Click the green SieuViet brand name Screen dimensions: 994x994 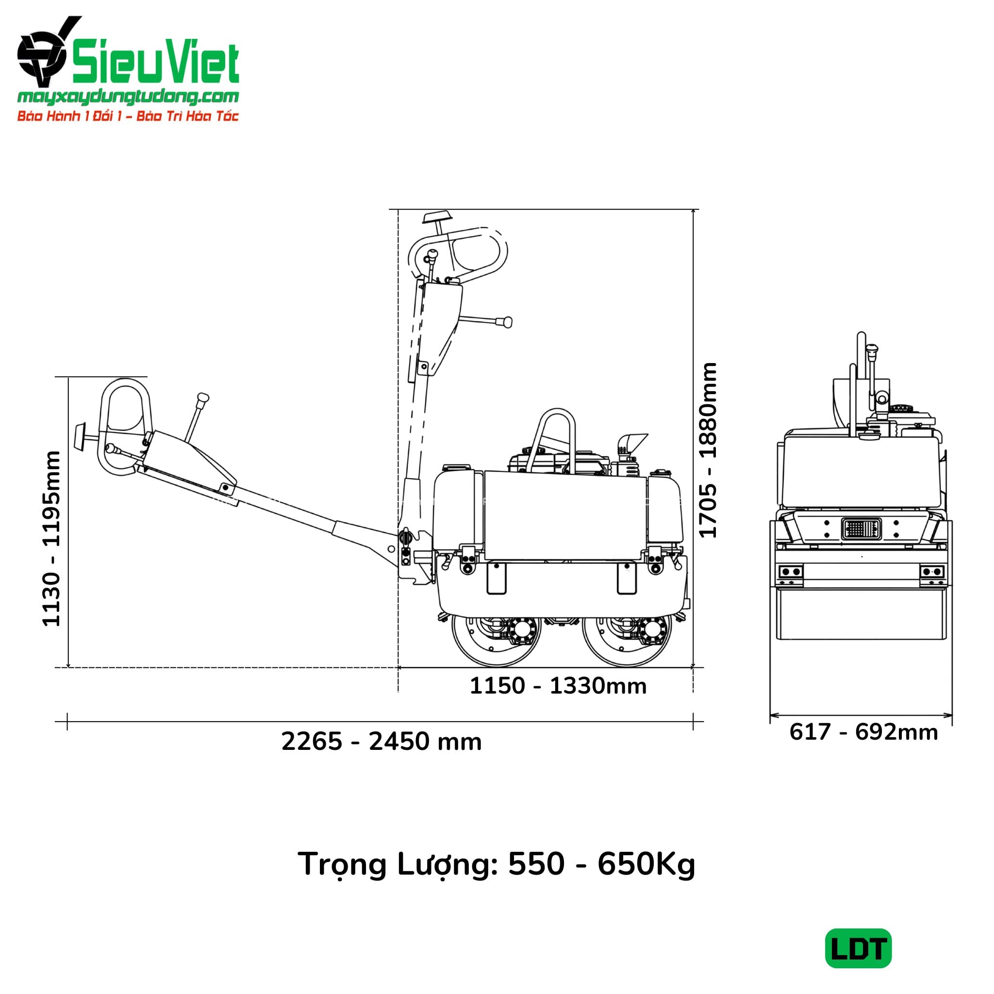coord(155,63)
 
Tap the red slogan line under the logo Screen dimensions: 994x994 coord(128,116)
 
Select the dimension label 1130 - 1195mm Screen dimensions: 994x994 coord(52,539)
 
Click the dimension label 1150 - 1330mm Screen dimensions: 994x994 coord(558,686)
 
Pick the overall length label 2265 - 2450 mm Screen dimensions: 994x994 coord(381,742)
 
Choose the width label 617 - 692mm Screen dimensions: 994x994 coord(863,732)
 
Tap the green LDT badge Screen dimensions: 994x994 coord(859,948)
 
